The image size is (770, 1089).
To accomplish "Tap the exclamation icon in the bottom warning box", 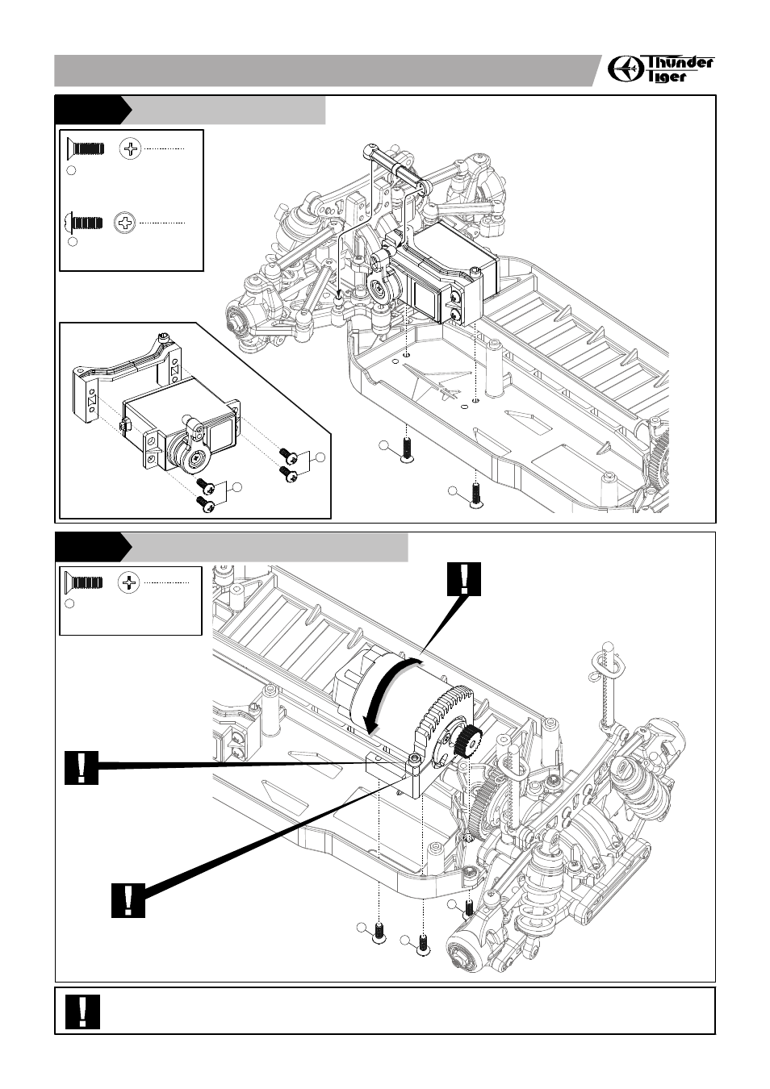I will tap(83, 1011).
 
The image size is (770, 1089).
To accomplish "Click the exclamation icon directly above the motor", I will tap(463, 580).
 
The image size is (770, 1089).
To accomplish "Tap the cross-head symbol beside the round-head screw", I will tap(125, 222).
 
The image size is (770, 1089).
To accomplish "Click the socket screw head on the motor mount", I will tap(414, 760).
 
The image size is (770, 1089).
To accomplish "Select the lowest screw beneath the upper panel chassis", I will tap(475, 494).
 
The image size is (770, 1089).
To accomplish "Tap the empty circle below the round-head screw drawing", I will tap(72, 241).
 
